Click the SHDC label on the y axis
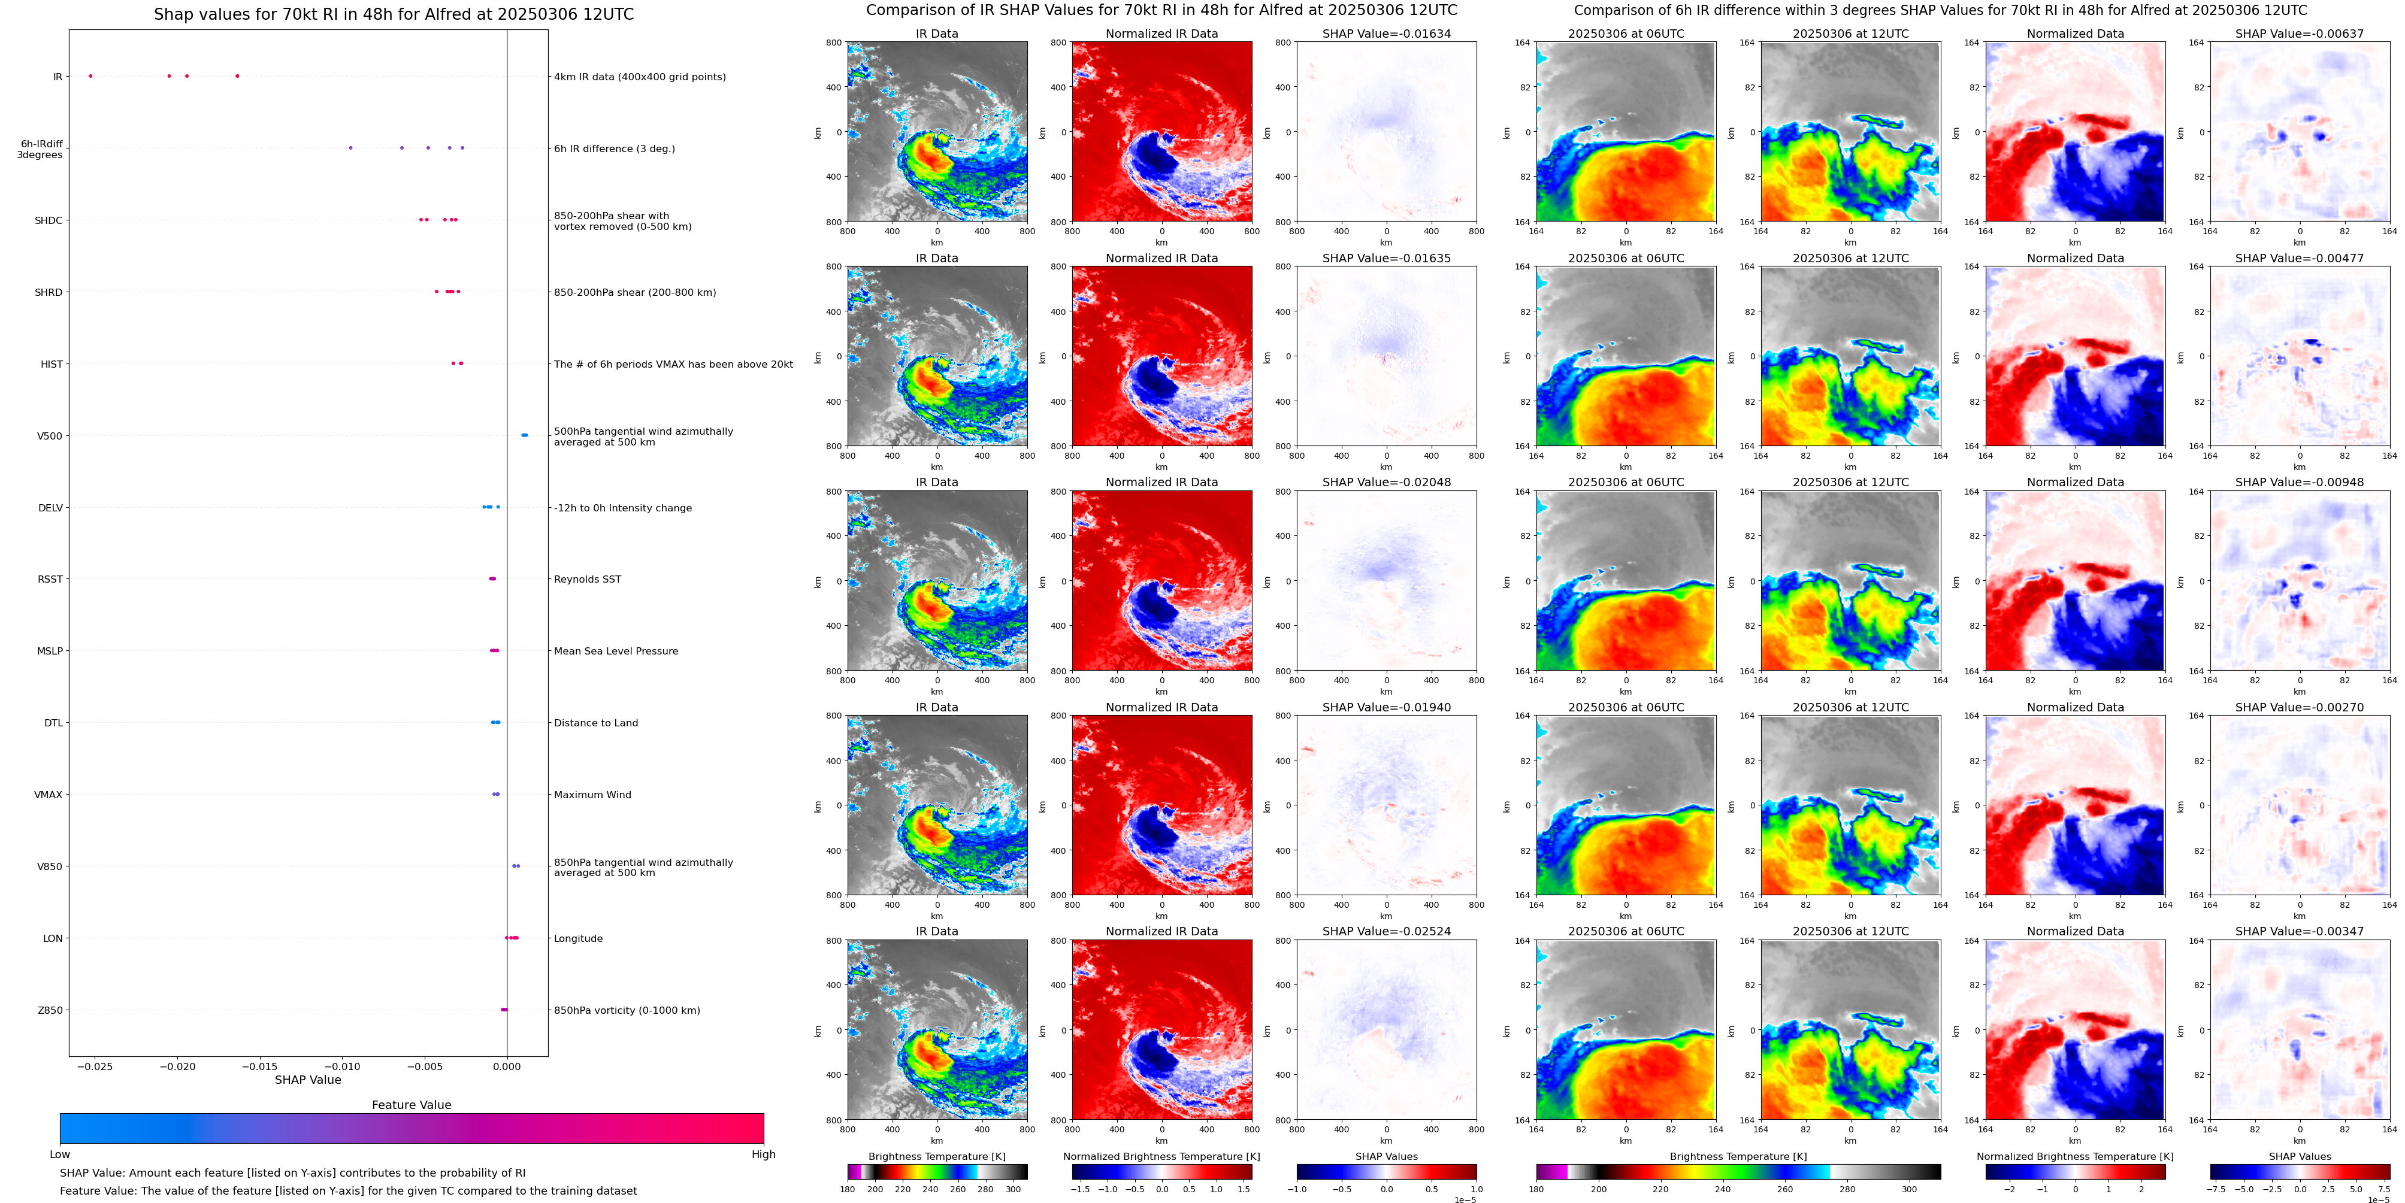(49, 221)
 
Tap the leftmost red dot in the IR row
(90, 75)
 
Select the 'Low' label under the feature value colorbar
(60, 1154)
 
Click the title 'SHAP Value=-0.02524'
(1387, 931)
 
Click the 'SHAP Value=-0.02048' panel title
(1387, 483)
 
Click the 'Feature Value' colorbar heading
(412, 1105)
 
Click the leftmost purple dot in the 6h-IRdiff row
(350, 147)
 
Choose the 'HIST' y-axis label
(52, 365)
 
